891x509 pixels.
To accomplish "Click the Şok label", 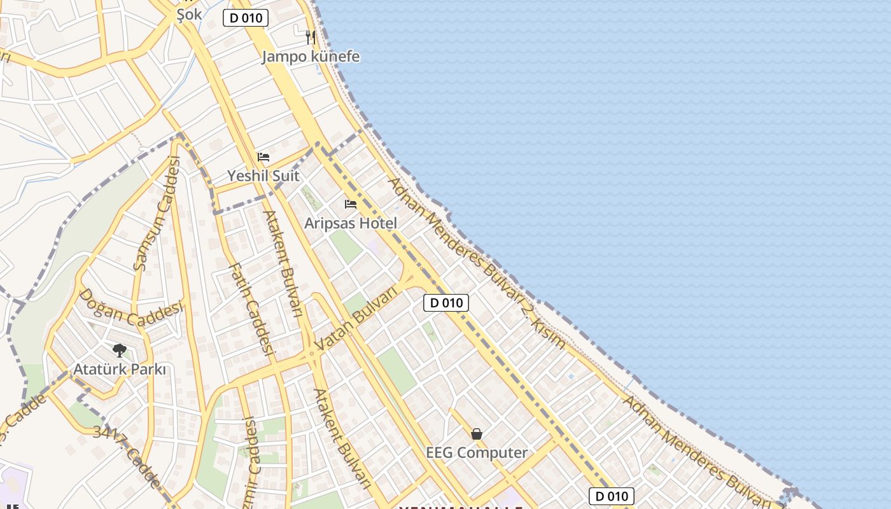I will [189, 15].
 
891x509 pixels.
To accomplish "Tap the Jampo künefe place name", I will [311, 57].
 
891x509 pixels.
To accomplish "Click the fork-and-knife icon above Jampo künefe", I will [311, 37].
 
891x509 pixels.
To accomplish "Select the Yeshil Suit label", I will [263, 176].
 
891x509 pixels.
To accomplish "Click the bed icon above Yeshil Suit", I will [263, 157].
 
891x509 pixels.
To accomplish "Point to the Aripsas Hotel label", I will [351, 223].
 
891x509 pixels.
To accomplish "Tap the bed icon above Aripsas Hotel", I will [351, 204].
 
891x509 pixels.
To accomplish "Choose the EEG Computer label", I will [477, 453].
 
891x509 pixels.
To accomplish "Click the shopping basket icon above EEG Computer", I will [477, 434].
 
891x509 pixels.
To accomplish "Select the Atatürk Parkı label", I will [120, 370].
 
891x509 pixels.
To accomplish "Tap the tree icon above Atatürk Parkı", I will [119, 350].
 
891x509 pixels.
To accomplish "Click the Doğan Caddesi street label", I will [130, 308].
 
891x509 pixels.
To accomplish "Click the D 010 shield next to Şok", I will [246, 18].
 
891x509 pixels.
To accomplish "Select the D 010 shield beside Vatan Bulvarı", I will [446, 303].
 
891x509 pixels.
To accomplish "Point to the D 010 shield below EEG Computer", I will [612, 496].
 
